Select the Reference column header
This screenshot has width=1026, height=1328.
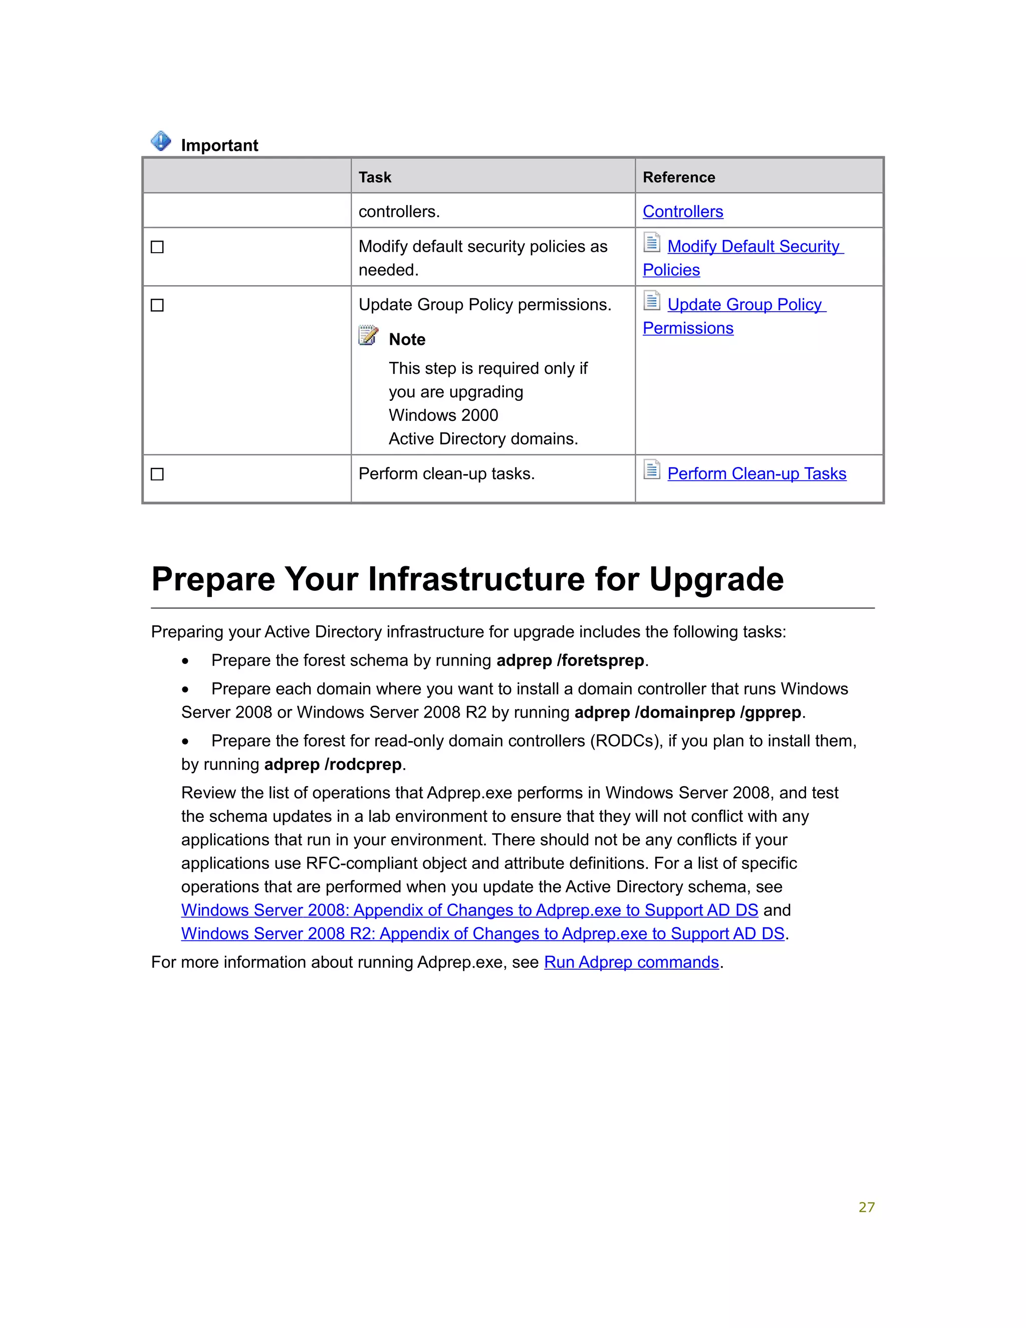pos(678,177)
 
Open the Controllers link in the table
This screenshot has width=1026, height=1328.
pos(683,211)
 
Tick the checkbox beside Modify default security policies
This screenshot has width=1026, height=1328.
pos(157,247)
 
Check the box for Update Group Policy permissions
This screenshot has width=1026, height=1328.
pos(157,305)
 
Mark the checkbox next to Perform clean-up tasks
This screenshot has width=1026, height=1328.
pos(157,474)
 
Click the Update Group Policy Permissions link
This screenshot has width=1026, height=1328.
pos(744,305)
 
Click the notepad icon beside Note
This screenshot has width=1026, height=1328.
pos(368,336)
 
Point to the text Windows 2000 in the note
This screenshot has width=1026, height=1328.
pos(443,415)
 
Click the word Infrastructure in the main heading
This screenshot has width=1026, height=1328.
pos(476,579)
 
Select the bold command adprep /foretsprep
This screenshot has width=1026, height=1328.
pos(570,660)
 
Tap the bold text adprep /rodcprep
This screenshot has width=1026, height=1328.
pos(333,764)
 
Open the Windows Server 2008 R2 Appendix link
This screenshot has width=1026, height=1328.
pos(482,934)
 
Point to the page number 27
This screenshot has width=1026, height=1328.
pos(866,1207)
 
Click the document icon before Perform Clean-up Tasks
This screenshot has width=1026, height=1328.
pos(652,470)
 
